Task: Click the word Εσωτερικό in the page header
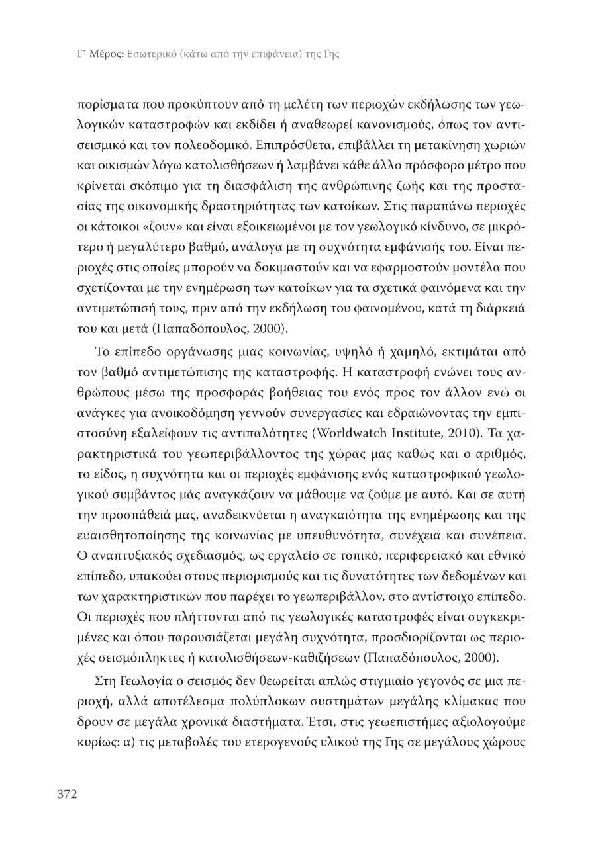coord(146,54)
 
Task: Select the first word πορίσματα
coord(106,105)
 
